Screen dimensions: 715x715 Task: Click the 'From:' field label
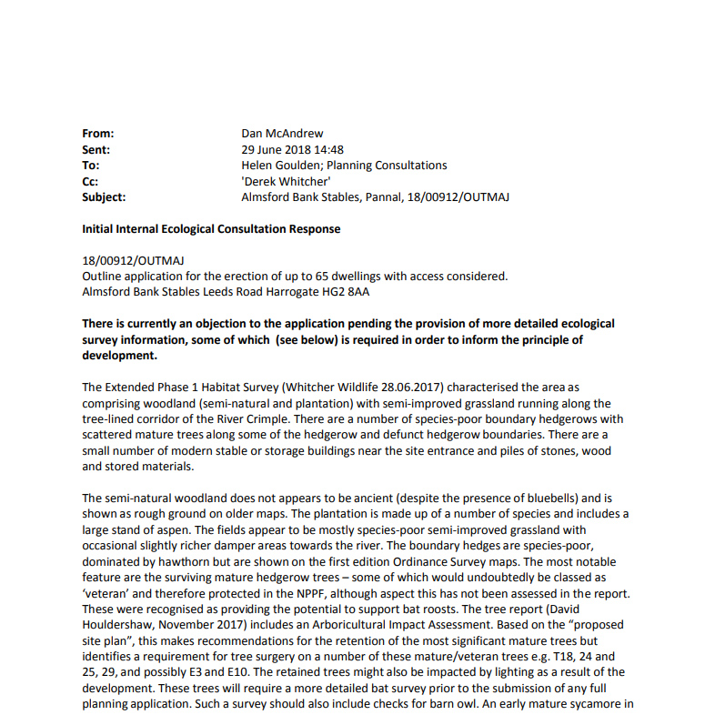(97, 134)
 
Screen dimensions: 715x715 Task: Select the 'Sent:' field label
(96, 149)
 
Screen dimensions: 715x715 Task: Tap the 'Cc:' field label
(90, 181)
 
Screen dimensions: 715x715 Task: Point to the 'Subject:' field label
(104, 196)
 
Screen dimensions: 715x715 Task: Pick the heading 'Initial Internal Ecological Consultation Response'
(211, 228)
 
